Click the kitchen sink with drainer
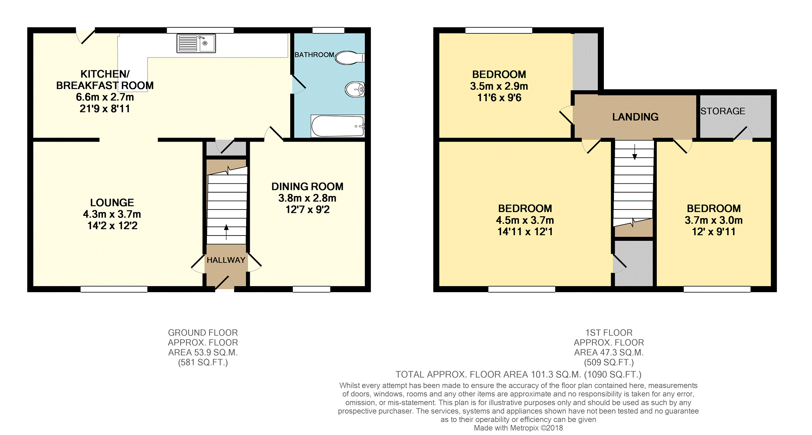click(196, 43)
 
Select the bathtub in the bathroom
click(338, 126)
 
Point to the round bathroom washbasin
click(355, 89)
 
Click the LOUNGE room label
click(112, 203)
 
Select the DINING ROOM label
click(307, 187)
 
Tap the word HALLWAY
click(226, 260)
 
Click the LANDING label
click(635, 117)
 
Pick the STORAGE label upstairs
click(723, 111)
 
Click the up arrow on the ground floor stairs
click(226, 232)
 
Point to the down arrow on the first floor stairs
click(635, 152)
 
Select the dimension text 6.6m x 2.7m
click(105, 97)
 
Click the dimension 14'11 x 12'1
click(525, 232)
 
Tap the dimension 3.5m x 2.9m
click(499, 86)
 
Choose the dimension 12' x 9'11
click(713, 232)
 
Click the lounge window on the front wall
click(114, 289)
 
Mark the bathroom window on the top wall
click(328, 30)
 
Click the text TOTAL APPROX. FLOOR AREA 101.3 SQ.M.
click(488, 374)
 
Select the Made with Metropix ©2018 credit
click(518, 428)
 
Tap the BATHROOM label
click(314, 55)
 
